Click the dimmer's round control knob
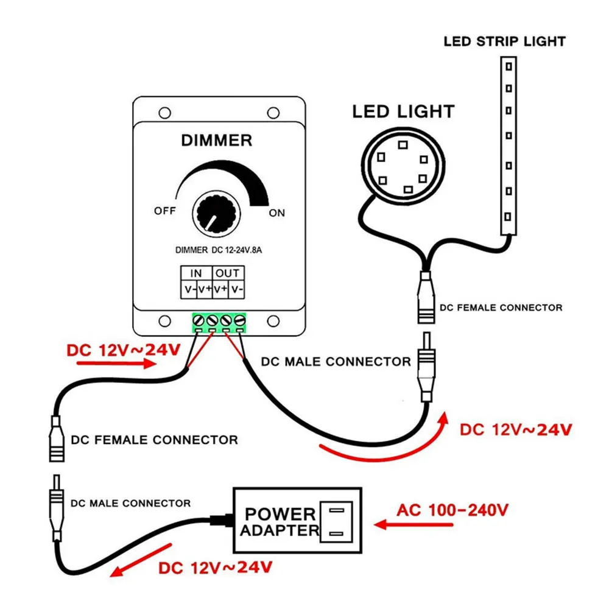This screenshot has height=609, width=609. coord(216,214)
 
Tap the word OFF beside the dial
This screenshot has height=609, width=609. coord(165,211)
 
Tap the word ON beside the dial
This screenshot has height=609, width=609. coord(277,213)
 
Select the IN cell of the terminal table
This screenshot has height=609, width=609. coord(196,273)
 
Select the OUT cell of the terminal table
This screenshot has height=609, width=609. coord(228,273)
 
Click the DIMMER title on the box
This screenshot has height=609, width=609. coord(217,140)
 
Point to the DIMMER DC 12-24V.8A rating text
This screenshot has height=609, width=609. coord(219,250)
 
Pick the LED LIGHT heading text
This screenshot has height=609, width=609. coord(403,112)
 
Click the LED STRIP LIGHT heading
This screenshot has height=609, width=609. coord(504,41)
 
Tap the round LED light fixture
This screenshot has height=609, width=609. coord(403,166)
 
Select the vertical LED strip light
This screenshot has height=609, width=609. coord(509,146)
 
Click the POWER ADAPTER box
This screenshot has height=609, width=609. coord(298,521)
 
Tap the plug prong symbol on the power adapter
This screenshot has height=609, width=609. coord(336,522)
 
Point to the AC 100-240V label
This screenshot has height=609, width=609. coord(452,510)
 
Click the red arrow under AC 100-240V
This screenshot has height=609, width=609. coord(414,525)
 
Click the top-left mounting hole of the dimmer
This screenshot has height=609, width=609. coord(164,113)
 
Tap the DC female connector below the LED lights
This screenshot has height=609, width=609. coord(426,298)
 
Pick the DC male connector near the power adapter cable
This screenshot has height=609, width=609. coord(57,508)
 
